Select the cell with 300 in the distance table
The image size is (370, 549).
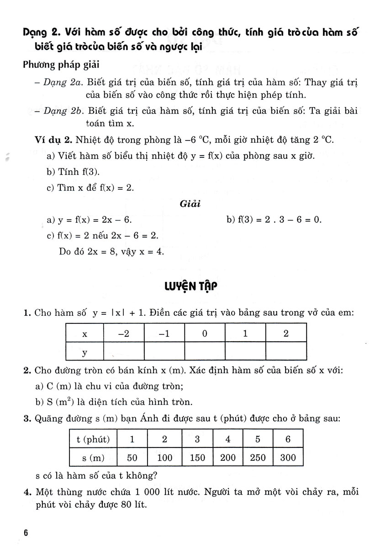[288, 457]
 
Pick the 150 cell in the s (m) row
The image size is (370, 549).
[197, 457]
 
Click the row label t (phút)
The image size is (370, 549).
[93, 440]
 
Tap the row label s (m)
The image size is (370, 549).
[93, 457]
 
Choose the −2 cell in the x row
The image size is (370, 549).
[124, 333]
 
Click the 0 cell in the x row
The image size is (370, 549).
[205, 333]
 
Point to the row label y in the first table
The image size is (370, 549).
[85, 352]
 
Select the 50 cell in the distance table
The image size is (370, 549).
[132, 457]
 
